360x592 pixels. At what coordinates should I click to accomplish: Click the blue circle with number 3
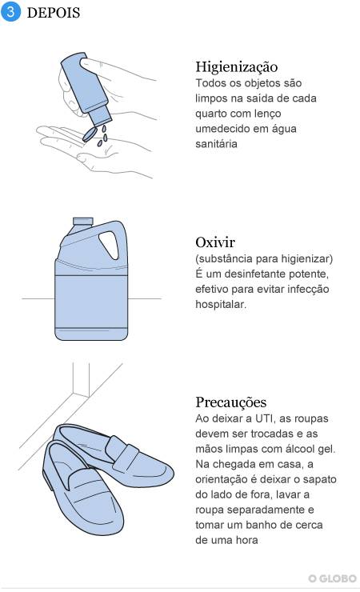10,12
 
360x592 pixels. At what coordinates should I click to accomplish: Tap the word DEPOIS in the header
54,13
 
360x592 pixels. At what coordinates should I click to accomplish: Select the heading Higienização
237,67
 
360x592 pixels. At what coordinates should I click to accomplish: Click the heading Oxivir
215,242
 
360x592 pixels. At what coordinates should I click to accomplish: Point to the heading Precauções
231,402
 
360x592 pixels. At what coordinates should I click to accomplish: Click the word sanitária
216,144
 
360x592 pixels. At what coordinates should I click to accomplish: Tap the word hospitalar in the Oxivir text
220,304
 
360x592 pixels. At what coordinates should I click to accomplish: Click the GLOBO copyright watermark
333,578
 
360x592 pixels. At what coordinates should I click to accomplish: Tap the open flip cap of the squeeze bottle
90,134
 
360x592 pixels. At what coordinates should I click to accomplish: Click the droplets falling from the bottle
102,136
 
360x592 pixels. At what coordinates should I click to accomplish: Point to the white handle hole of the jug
109,245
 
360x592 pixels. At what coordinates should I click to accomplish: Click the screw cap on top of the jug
82,222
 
